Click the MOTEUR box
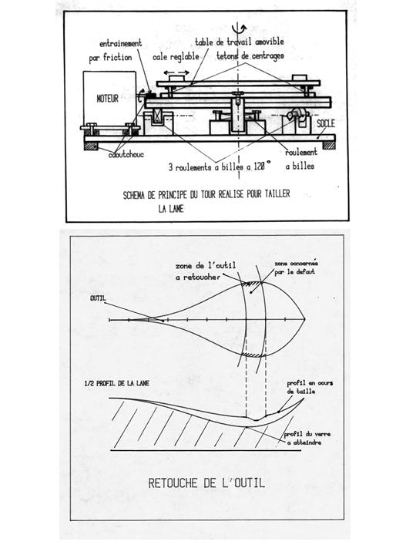pos(109,98)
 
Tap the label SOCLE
pos(325,123)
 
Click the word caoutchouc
pos(126,154)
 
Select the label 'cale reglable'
pos(176,56)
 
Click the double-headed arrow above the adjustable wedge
pos(176,72)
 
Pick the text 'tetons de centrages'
pos(250,56)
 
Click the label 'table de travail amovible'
pos(240,42)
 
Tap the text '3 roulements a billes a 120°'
pos(220,166)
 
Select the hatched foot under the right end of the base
pos(329,145)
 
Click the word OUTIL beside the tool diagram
pos(98,298)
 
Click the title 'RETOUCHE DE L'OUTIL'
pos(206,483)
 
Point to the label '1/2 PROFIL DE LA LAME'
pos(117,383)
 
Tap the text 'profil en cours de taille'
pos(310,387)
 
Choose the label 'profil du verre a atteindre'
pos(307,438)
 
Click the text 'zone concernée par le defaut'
pos(296,267)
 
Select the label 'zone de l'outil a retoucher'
pos(206,271)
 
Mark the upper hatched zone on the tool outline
pos(251,282)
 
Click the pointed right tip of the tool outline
pos(305,319)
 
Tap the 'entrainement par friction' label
pos(116,50)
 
